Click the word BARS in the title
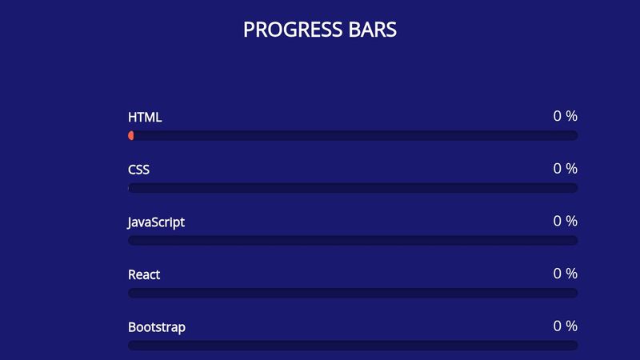click(372, 30)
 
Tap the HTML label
click(145, 117)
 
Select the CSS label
click(138, 170)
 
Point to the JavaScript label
click(156, 222)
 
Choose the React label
click(144, 274)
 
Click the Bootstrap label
click(157, 327)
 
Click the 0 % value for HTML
click(565, 116)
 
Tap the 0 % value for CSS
click(565, 169)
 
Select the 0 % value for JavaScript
click(565, 221)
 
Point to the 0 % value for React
click(565, 274)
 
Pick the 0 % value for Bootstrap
click(565, 326)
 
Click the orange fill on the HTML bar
click(131, 136)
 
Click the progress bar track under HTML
click(353, 136)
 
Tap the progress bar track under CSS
click(353, 188)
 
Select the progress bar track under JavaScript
click(353, 241)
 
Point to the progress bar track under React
click(353, 293)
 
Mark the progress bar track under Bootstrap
click(353, 346)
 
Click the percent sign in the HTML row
click(571, 116)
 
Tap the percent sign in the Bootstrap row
click(571, 326)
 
